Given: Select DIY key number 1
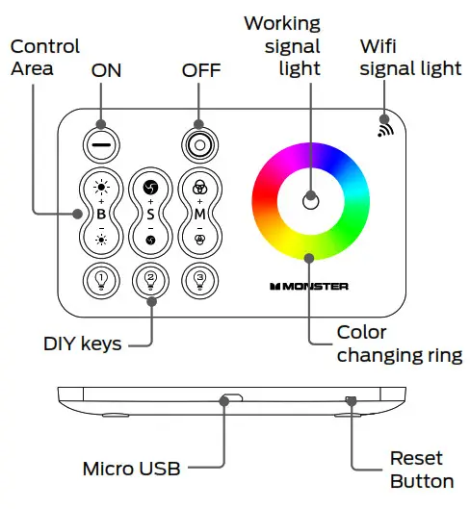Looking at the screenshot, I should [101, 280].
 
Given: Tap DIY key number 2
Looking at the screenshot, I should [150, 280].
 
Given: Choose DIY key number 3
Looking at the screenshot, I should [199, 280].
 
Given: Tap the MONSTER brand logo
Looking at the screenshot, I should [308, 286].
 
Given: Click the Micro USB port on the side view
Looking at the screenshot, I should [232, 395].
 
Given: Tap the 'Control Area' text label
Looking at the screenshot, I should [44, 57].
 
